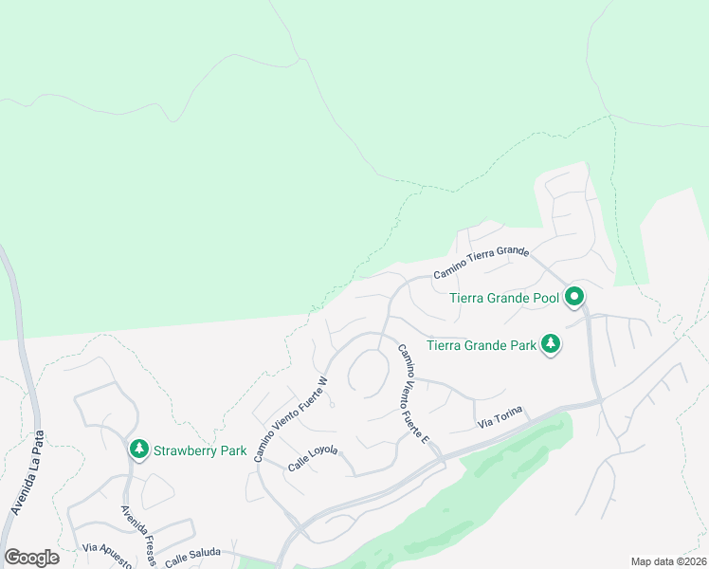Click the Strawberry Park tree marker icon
138,448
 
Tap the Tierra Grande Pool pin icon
574,298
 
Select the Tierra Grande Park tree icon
551,345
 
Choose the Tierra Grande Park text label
482,345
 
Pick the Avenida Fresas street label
138,536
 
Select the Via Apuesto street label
106,553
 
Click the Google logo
31,558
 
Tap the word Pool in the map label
542,298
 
